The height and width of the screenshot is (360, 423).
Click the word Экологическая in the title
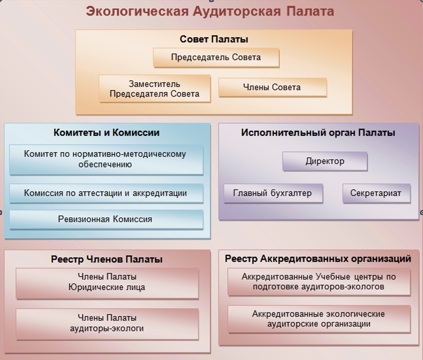tap(137, 11)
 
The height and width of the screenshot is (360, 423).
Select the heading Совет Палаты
tap(214, 39)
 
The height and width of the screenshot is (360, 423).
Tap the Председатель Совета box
tap(216, 57)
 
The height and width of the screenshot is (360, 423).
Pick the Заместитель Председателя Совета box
tap(155, 89)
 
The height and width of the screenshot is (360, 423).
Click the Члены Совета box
tap(272, 87)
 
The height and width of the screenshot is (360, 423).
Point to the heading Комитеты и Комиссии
tap(107, 133)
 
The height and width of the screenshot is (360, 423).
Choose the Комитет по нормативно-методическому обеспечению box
tap(106, 160)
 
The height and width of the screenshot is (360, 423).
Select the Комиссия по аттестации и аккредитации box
tap(106, 193)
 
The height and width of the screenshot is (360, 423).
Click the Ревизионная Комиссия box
tap(106, 220)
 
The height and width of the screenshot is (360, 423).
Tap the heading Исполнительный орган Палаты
tap(318, 133)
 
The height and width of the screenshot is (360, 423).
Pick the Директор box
tap(325, 161)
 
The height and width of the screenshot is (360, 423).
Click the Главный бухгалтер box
tap(273, 193)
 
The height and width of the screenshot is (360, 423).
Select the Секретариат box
tap(377, 193)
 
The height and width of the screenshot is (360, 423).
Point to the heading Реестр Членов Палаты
tap(107, 259)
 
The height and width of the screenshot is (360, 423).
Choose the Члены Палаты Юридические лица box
tap(107, 284)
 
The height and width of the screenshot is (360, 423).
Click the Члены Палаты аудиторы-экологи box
tap(107, 324)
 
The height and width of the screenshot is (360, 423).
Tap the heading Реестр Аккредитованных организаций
tap(318, 259)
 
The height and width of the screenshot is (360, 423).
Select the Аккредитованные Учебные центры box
tap(319, 282)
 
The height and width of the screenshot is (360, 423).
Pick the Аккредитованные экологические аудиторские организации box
tap(319, 319)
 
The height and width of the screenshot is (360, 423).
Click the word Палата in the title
tap(310, 11)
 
